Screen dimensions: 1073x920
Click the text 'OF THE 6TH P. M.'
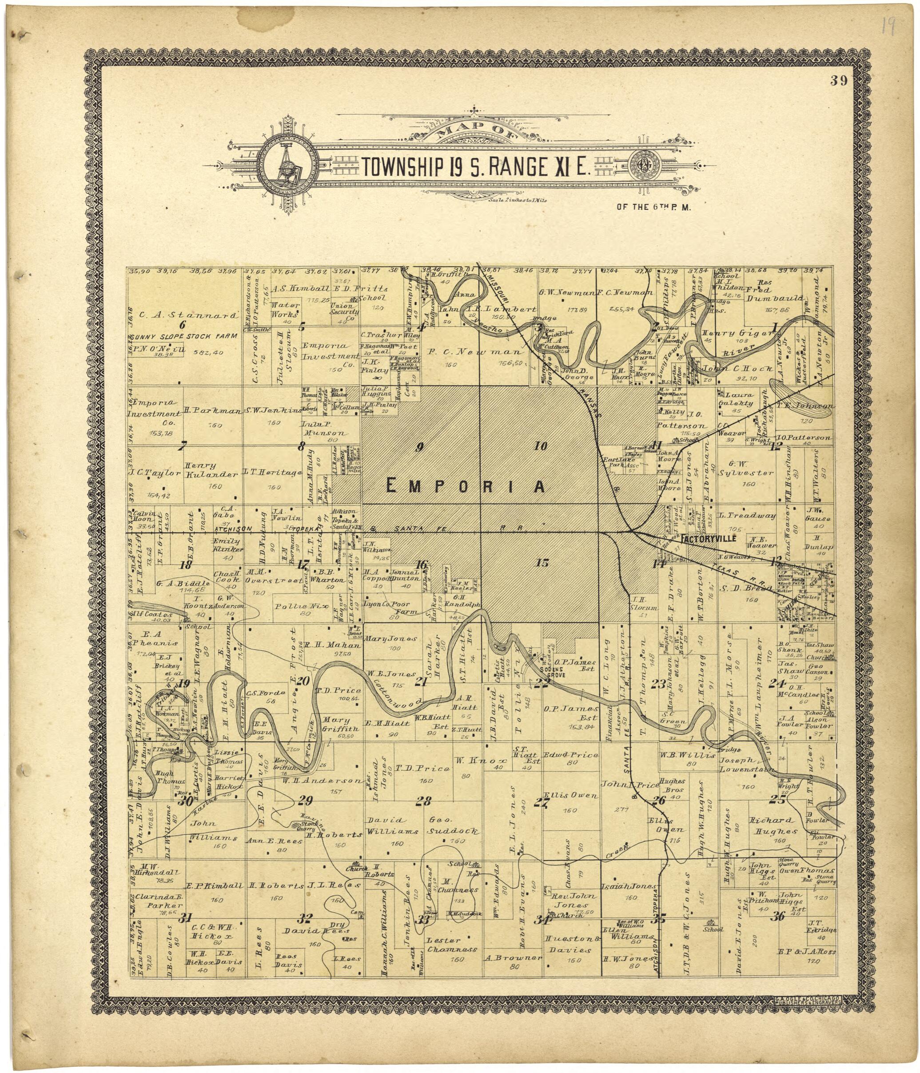tap(654, 208)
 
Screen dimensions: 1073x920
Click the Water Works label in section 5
tap(283, 310)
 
